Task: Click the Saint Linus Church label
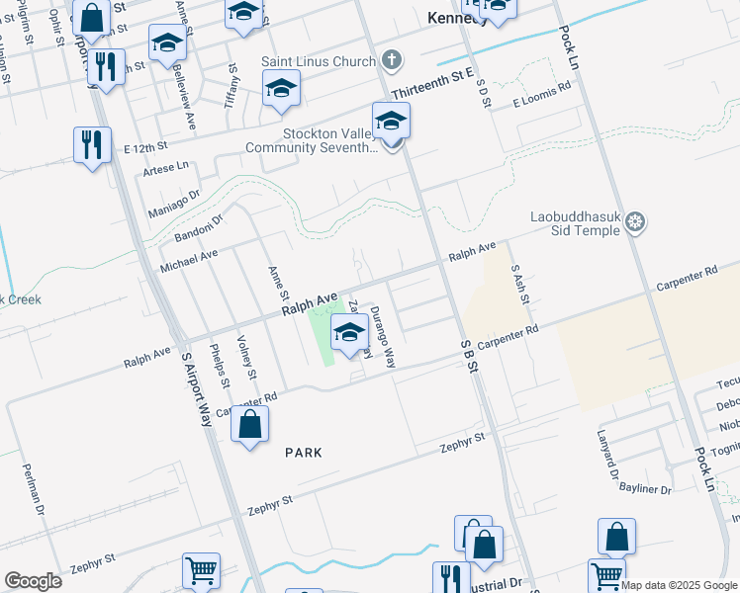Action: (319, 60)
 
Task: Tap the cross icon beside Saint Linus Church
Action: (392, 59)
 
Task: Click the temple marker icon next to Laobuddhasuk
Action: (635, 223)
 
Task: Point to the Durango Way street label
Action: (383, 337)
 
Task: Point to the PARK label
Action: (304, 452)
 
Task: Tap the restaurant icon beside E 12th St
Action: (92, 144)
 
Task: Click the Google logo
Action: (33, 581)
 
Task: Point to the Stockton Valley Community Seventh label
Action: (314, 140)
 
